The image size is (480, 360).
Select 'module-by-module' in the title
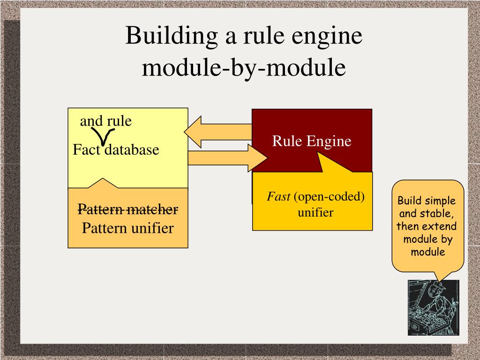tap(244, 67)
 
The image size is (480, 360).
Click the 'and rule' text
tap(106, 121)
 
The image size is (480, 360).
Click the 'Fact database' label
tap(116, 150)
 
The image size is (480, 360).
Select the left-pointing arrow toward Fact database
tap(218, 132)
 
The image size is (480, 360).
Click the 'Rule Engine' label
tap(312, 141)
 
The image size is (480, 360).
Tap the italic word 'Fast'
tap(278, 196)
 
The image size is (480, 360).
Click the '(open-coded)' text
tap(330, 196)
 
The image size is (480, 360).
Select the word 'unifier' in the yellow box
tap(315, 212)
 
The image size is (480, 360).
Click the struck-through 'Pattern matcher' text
tap(127, 209)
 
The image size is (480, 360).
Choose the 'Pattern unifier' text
tap(127, 228)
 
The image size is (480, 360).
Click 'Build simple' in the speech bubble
tap(427, 201)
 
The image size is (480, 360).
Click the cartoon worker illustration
tap(433, 307)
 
